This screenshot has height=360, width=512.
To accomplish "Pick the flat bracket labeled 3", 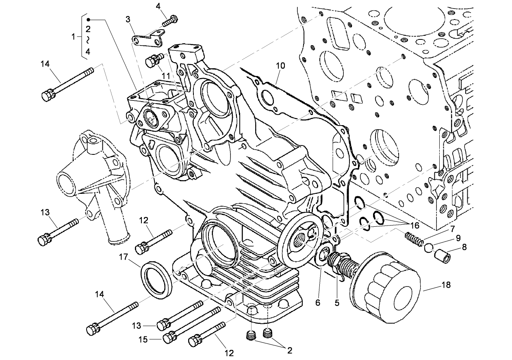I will (148, 38).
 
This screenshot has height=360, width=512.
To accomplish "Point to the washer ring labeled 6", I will (321, 255).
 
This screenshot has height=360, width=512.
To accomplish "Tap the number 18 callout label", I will (446, 285).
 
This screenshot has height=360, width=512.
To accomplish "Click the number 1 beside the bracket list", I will (74, 37).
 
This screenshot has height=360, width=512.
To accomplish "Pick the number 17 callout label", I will (124, 256).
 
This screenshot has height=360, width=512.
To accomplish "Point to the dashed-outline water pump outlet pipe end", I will (117, 239).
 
